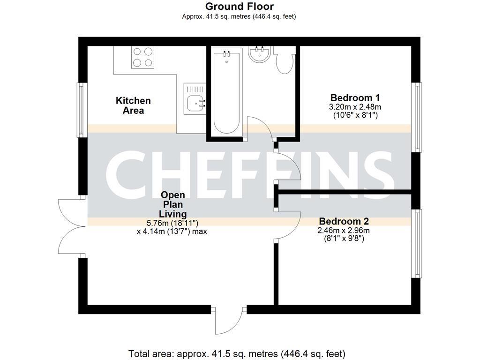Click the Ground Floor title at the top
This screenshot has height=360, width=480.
click(x=239, y=7)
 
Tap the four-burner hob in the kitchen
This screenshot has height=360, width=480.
click(x=143, y=57)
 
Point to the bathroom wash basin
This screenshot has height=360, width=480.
click(x=258, y=54)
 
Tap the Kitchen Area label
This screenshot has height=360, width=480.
click(x=133, y=105)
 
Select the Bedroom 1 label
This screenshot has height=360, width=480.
click(x=355, y=98)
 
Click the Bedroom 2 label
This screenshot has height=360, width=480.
click(x=344, y=221)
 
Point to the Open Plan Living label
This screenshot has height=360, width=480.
click(x=173, y=204)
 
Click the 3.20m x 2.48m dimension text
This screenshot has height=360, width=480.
click(x=355, y=107)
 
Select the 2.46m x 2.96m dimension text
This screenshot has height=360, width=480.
click(x=344, y=230)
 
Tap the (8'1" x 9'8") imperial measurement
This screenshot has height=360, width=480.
click(x=344, y=238)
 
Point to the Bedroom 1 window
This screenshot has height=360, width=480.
click(x=416, y=117)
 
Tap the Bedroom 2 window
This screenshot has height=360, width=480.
click(x=416, y=243)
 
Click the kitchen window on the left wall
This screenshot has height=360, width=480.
click(x=82, y=110)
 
